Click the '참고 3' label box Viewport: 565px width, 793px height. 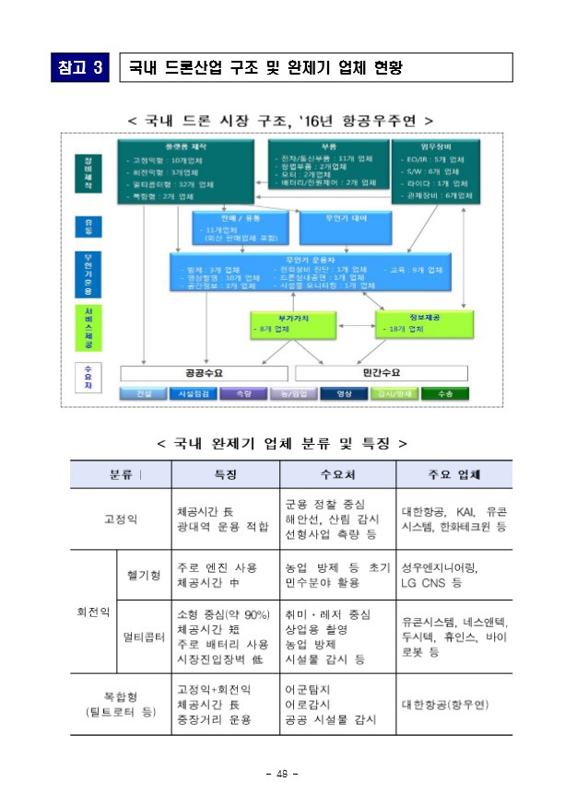81,67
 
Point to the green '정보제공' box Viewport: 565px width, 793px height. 416,323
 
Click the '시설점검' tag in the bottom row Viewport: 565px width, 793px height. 194,394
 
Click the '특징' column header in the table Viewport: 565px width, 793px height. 226,474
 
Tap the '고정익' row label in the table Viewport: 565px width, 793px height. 121,519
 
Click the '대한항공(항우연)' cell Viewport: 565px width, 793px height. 445,704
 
